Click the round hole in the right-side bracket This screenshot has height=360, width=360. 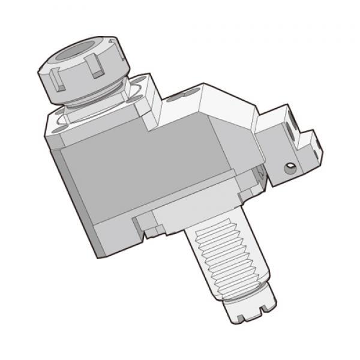pos(290,167)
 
